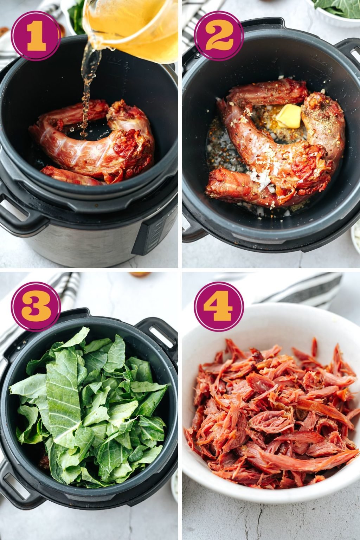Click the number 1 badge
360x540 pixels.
(36, 36)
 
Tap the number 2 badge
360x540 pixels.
(219, 36)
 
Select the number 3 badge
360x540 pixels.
(36, 306)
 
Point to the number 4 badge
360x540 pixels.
(219, 306)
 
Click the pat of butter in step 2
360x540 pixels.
(289, 116)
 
